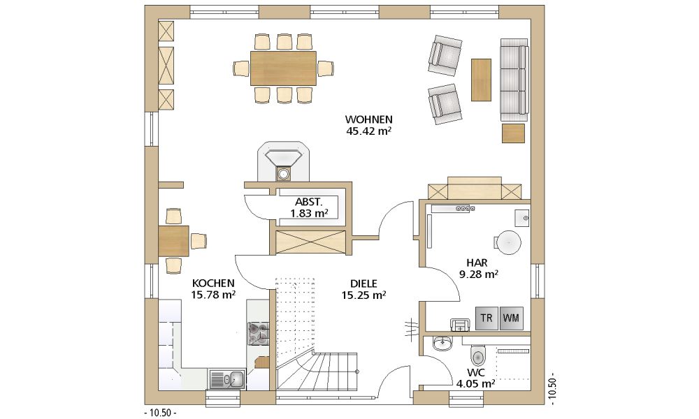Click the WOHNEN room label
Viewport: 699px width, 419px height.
pyautogui.click(x=368, y=119)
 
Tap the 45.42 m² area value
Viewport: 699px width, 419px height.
pyautogui.click(x=368, y=131)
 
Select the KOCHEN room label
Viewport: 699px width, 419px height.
pyautogui.click(x=213, y=284)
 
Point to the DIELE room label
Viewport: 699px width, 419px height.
pyautogui.click(x=363, y=284)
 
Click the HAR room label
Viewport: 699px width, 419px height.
pyautogui.click(x=477, y=263)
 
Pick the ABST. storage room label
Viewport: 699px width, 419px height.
pyautogui.click(x=308, y=202)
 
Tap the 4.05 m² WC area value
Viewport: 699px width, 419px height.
pyautogui.click(x=475, y=383)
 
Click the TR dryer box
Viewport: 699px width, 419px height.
pyautogui.click(x=487, y=318)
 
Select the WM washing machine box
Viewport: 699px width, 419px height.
pyautogui.click(x=511, y=318)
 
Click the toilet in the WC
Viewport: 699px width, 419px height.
pyautogui.click(x=477, y=355)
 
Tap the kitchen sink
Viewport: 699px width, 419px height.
pyautogui.click(x=227, y=380)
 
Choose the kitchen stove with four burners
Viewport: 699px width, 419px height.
pyautogui.click(x=258, y=334)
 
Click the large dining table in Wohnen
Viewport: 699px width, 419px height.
pyautogui.click(x=283, y=68)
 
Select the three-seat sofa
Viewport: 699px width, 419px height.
pyautogui.click(x=514, y=80)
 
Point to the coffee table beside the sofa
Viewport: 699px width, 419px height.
pyautogui.click(x=482, y=80)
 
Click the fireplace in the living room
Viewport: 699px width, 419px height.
pyautogui.click(x=283, y=162)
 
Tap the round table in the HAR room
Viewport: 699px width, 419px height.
pyautogui.click(x=509, y=242)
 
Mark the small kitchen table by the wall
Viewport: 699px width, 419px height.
pyautogui.click(x=173, y=241)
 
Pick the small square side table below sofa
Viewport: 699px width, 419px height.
pyautogui.click(x=514, y=133)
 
